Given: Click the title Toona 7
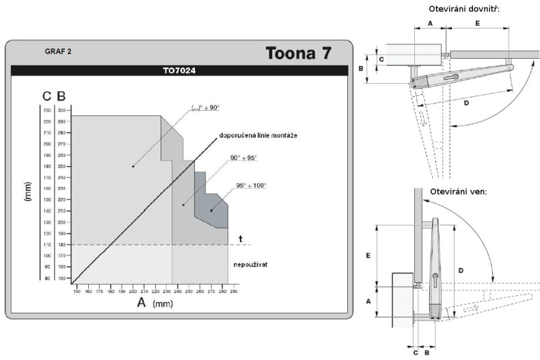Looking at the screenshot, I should tap(298, 54).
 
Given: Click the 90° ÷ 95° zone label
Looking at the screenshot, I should tap(243, 158).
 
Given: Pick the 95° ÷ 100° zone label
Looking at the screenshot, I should tap(251, 185).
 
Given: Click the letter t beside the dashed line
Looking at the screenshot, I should tap(241, 238).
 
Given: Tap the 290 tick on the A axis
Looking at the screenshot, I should tap(233, 292).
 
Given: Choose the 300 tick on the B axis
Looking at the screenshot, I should tap(62, 110).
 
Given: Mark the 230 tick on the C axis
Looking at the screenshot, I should tap(46, 110).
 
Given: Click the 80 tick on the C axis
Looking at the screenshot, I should tap(47, 278).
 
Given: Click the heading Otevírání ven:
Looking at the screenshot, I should tap(458, 191).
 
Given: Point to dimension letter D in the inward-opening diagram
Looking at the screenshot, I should tap(466, 102).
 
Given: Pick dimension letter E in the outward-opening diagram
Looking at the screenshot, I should tap(368, 255).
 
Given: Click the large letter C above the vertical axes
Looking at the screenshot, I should tap(46, 96).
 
